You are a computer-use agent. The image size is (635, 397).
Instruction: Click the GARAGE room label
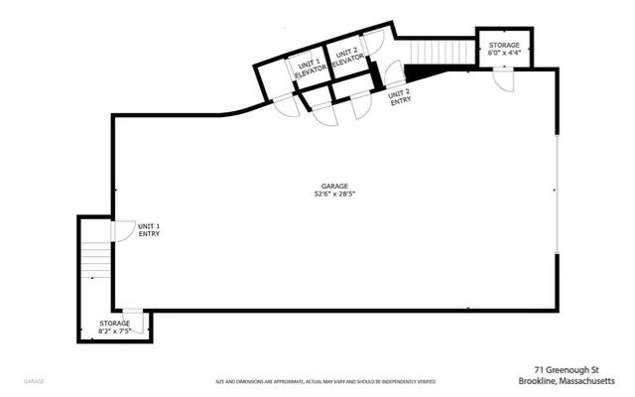(334, 186)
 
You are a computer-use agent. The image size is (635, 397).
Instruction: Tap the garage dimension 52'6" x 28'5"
(334, 195)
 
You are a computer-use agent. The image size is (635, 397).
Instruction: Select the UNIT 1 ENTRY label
(149, 230)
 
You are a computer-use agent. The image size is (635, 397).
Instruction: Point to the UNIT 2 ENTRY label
(400, 95)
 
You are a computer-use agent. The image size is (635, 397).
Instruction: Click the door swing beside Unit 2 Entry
(393, 74)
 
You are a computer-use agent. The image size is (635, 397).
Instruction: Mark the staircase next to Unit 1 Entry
(96, 260)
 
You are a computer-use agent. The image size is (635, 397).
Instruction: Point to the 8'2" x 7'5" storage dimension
(115, 328)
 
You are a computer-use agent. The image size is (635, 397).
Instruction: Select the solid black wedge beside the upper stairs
(422, 70)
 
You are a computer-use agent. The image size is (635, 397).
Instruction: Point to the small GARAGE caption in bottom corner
(34, 380)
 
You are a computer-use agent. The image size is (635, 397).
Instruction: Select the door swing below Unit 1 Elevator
(288, 105)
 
